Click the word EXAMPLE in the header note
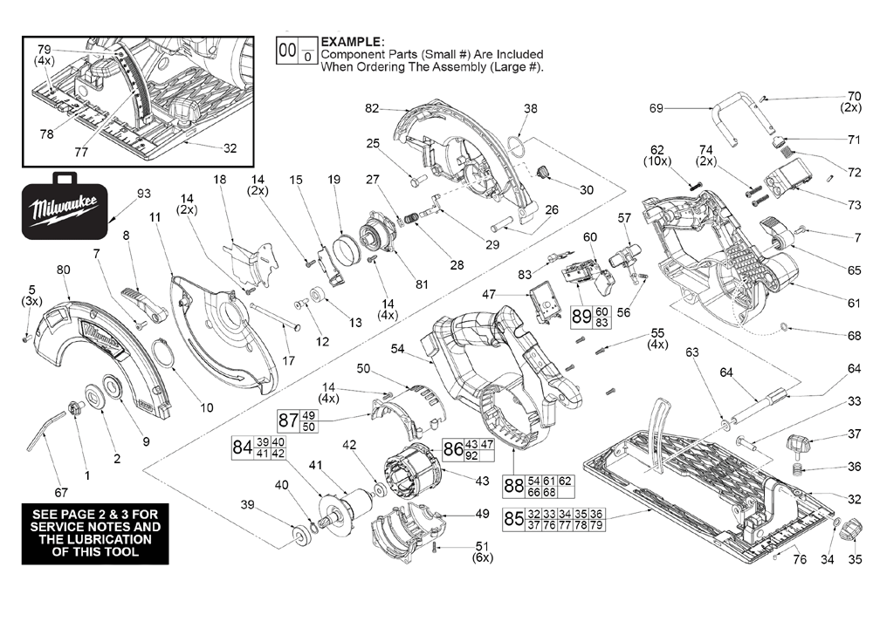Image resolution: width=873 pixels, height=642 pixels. coord(352,42)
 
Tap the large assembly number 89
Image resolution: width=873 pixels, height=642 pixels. coord(581,316)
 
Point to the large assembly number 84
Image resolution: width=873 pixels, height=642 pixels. coord(242,447)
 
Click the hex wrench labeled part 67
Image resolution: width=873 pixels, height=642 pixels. coord(44,435)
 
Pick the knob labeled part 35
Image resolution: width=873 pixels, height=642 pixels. coord(853,529)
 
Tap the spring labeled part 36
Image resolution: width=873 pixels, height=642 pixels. coord(798,471)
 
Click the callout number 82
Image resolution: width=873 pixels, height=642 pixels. coord(373,108)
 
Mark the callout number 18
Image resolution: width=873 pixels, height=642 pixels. coord(219,179)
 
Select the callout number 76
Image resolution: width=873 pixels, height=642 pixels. coord(800,559)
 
